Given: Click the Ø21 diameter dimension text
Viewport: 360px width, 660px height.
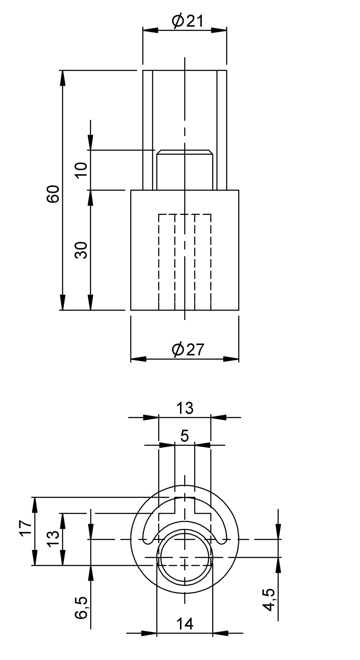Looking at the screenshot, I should (188, 21).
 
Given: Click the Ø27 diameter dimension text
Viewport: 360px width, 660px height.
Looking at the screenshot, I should (188, 350).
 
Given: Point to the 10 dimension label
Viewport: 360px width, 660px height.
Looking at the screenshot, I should (82, 170).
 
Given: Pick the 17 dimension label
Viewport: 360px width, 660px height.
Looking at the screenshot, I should (26, 528).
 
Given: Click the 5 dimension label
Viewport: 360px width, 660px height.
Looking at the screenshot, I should (185, 436).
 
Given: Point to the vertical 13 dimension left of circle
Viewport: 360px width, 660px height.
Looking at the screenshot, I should (54, 539).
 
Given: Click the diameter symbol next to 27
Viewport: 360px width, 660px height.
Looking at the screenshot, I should (178, 350).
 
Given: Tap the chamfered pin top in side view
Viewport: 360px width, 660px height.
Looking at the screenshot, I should (184, 152).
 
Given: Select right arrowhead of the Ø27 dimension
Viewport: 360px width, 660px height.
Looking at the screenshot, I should (231, 359).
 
